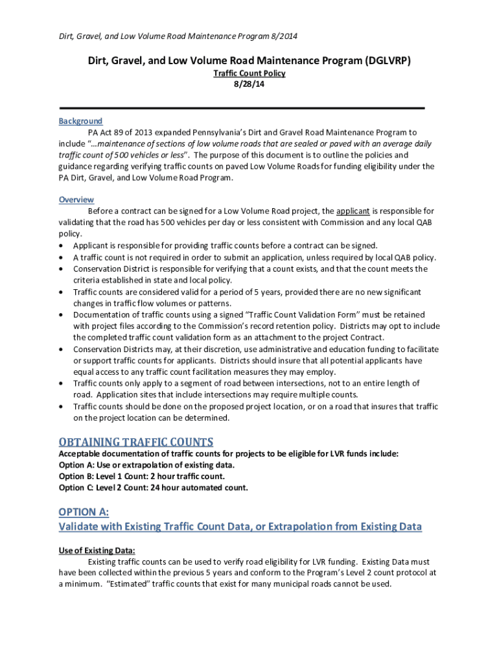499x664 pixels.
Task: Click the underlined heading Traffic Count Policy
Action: click(250, 73)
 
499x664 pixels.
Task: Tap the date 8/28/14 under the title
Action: click(250, 84)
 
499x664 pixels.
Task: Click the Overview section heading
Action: click(76, 200)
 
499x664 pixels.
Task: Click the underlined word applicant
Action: click(353, 211)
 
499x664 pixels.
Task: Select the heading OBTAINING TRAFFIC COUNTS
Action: click(136, 442)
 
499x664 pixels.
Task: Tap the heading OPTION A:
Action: click(84, 512)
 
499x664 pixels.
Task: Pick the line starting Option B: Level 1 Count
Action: click(142, 476)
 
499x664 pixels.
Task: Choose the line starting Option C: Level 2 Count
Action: click(153, 488)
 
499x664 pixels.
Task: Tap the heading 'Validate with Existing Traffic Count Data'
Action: click(240, 527)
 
